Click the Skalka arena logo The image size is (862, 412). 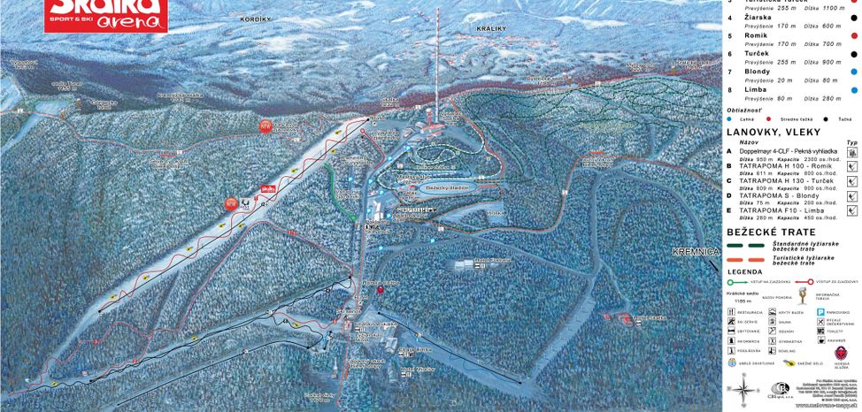click(x=106, y=14)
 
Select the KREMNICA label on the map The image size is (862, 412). click(x=696, y=252)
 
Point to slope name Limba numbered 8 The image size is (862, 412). click(x=757, y=89)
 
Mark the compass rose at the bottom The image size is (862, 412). click(x=743, y=389)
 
